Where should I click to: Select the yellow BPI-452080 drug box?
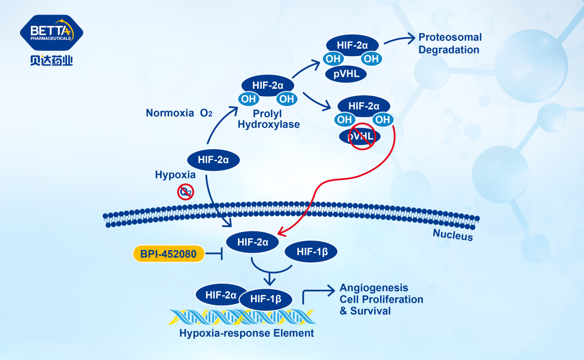point(169,253)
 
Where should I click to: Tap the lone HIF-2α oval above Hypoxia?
point(214,160)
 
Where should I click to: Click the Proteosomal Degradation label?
point(450,44)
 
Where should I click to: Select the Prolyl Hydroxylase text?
point(269,119)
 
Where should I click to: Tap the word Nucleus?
point(453,235)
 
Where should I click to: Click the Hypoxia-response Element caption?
point(247,333)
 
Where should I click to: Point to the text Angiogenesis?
point(374,288)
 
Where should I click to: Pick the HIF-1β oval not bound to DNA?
point(310,251)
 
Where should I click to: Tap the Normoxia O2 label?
point(180,113)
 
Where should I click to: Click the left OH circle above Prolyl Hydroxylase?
point(249,99)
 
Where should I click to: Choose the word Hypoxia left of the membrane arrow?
point(175,175)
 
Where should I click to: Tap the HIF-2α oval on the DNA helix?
point(222,295)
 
